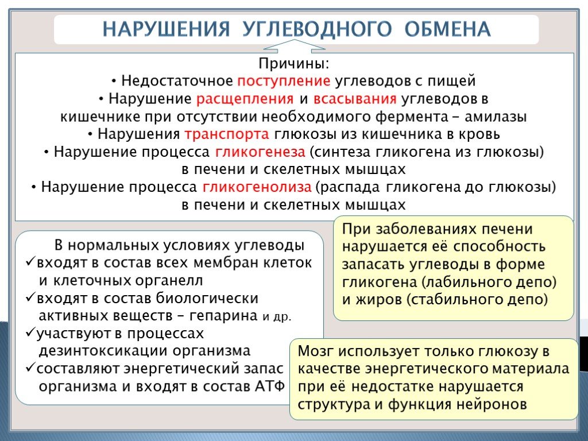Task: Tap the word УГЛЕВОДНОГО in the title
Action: coord(317,29)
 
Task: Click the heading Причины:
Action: coord(293,63)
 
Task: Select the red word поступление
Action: coord(284,80)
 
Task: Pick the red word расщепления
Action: coord(245,99)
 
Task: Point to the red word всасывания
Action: coord(355,99)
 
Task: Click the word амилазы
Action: coord(496,117)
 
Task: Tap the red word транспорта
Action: coord(227,134)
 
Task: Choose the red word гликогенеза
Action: coord(260,152)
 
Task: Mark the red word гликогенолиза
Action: coord(257,187)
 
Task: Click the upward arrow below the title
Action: coord(294,45)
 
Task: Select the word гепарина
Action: coord(223,316)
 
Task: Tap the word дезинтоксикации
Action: coord(102,351)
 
